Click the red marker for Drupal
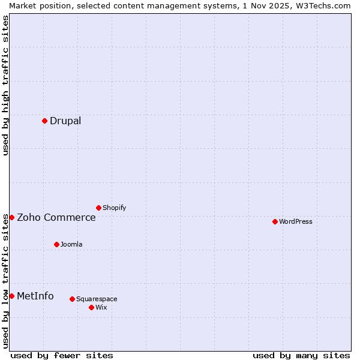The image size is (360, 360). [x=44, y=121]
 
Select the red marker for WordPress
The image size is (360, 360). [x=275, y=221]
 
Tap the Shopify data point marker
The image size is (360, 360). [x=98, y=208]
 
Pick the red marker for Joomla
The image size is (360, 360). [x=56, y=244]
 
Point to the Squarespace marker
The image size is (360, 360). [x=72, y=299]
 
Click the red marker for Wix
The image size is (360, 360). [x=91, y=307]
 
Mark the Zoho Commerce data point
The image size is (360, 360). [x=11, y=217]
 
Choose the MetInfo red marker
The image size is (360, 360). [x=11, y=296]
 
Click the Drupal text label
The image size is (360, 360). [x=65, y=121]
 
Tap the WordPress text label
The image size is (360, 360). [x=296, y=221]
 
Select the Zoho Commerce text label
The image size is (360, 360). [x=56, y=217]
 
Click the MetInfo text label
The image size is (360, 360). [x=35, y=296]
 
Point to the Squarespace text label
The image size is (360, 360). [x=97, y=299]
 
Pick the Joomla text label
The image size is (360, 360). [x=71, y=244]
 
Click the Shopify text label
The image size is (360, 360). [x=115, y=208]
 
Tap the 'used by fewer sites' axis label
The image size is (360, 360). [x=62, y=355]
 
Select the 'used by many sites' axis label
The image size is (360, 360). [x=301, y=355]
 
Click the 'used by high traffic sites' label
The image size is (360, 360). [x=5, y=85]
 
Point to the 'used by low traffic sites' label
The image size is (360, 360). [x=5, y=281]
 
